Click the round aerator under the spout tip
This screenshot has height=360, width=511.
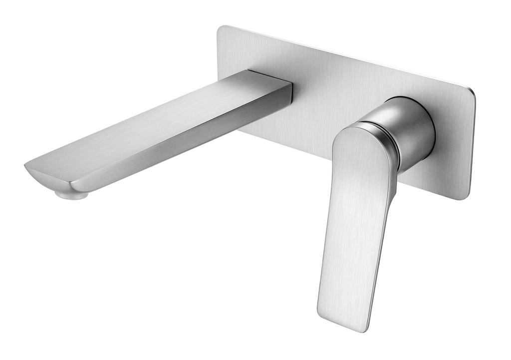click(72, 194)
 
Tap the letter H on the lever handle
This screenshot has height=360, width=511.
click(328, 310)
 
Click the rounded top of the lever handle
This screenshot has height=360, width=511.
click(359, 131)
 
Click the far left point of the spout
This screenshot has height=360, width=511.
click(24, 166)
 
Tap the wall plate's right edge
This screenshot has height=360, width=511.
click(472, 145)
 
